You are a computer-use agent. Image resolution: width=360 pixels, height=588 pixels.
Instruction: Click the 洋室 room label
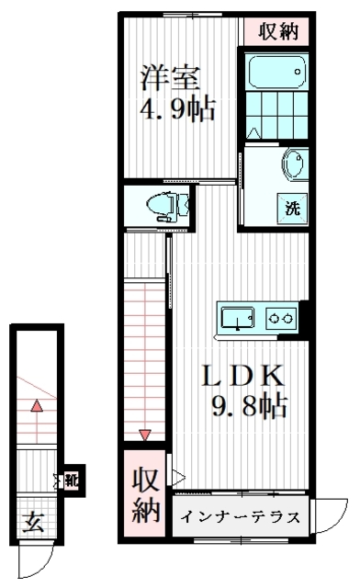(170, 78)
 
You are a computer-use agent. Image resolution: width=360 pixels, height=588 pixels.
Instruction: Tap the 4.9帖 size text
(177, 110)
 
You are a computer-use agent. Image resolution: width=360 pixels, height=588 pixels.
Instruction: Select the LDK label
(242, 376)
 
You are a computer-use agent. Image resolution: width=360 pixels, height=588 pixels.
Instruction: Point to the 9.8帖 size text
(250, 405)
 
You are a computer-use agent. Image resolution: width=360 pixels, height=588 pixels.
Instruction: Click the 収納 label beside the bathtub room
(278, 31)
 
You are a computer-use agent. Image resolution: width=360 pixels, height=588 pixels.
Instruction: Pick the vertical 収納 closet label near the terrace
(145, 495)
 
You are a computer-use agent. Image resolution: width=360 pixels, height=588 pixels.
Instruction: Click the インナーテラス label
(241, 517)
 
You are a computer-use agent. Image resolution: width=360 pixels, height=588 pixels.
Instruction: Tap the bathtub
(277, 72)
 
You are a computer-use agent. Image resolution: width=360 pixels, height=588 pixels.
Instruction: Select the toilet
(168, 206)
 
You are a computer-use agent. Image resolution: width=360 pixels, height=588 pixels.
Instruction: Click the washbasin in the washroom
(295, 164)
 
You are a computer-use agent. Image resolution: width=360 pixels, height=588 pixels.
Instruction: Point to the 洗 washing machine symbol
(292, 209)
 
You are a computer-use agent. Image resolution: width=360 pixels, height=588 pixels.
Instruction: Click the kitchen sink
(237, 318)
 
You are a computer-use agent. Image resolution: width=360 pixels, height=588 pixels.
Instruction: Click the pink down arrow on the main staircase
(145, 435)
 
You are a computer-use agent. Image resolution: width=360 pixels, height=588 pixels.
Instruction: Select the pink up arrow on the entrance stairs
(37, 406)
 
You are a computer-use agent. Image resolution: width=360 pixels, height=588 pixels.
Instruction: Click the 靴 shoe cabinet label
(72, 481)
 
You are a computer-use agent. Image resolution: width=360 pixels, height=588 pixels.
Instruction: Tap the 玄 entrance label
(33, 523)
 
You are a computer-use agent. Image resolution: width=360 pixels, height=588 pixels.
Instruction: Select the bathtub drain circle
(298, 72)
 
